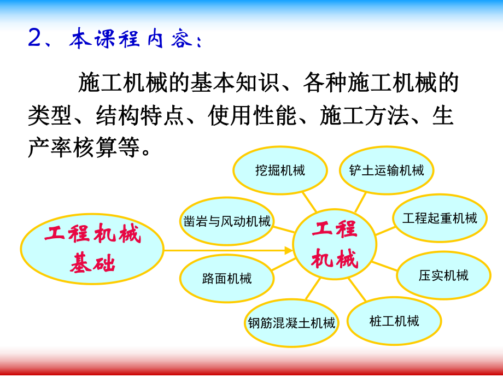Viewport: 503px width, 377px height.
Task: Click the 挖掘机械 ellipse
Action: [x=280, y=170]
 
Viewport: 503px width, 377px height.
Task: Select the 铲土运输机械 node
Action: [x=387, y=170]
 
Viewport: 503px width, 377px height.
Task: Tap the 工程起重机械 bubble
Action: [x=440, y=219]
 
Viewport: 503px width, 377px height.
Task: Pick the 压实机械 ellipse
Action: [x=443, y=275]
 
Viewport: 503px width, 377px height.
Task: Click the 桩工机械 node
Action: [x=394, y=321]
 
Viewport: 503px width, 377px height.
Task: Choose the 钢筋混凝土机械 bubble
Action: [x=291, y=323]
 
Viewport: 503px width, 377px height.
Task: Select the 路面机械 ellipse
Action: [x=227, y=279]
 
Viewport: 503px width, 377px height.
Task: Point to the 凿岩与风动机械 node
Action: [x=226, y=221]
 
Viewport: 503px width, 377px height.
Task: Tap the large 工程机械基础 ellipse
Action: [x=92, y=249]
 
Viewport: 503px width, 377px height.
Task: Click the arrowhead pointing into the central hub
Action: [x=289, y=250]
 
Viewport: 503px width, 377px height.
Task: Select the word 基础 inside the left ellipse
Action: [x=92, y=264]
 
